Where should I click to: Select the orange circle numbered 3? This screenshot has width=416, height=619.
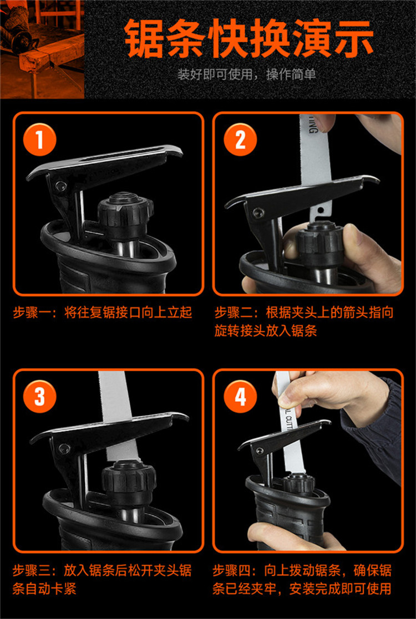click(x=39, y=396)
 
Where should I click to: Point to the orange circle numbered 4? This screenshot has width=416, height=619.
click(x=240, y=396)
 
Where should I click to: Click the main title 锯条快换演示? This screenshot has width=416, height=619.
click(x=249, y=39)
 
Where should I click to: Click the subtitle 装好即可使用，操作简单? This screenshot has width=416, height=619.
click(x=246, y=74)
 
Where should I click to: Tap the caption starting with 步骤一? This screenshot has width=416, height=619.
click(x=103, y=313)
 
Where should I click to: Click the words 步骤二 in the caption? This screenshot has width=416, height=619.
click(x=235, y=313)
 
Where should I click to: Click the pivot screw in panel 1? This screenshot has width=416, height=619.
click(x=60, y=186)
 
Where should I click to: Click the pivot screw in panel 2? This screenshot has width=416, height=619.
click(x=258, y=212)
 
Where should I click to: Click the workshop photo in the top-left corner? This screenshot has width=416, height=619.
click(x=42, y=49)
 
